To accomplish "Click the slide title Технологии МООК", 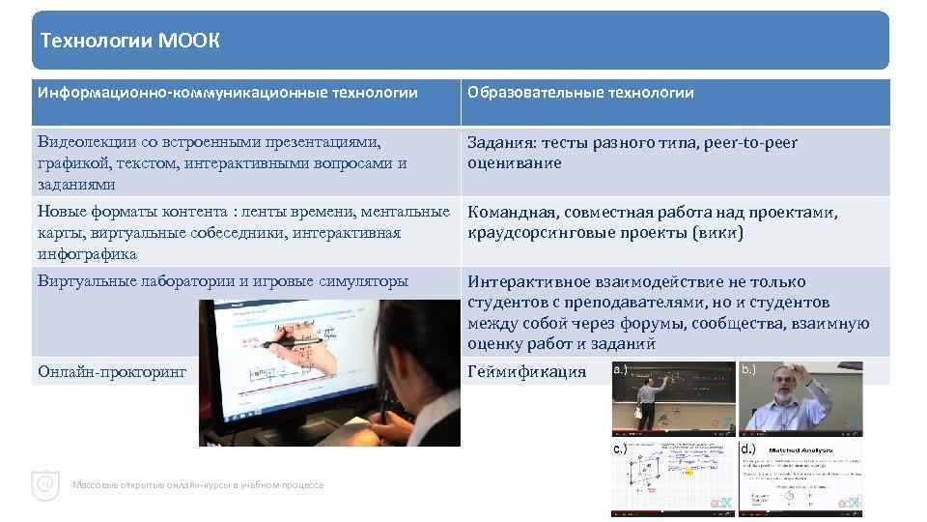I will [x=130, y=41].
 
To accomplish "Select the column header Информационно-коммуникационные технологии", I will [x=228, y=93].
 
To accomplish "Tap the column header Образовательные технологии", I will [x=580, y=93].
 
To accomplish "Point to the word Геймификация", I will [x=526, y=371].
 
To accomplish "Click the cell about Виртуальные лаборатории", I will [x=222, y=281].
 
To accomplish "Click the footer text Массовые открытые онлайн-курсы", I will [x=198, y=485].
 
